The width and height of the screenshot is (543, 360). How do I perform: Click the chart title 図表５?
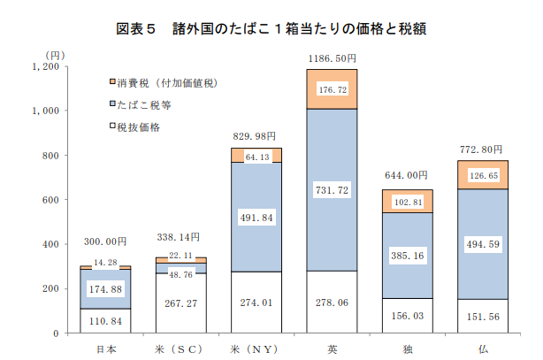pos(135,29)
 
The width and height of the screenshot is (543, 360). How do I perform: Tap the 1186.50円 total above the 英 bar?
pos(333,58)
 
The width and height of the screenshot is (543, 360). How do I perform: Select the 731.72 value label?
pos(332,190)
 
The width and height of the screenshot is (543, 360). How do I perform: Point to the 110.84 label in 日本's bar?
pos(105,321)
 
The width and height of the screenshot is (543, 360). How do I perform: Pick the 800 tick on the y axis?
pos(50,156)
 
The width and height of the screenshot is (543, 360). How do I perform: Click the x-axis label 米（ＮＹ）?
pos(254,349)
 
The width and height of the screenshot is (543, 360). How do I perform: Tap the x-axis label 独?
pos(408,349)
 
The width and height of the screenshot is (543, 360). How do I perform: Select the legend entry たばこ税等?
pos(144,105)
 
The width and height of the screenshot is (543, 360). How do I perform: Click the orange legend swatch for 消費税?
pos(112,81)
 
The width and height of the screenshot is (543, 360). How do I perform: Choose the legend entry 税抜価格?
pos(138,127)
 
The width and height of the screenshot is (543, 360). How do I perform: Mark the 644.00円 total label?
pos(406,175)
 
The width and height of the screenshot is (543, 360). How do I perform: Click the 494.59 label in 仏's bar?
pos(483,244)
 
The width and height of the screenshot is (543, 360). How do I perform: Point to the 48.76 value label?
pos(180,275)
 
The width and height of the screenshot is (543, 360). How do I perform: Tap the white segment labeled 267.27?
pos(181,303)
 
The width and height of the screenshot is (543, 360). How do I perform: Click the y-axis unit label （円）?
pos(55,56)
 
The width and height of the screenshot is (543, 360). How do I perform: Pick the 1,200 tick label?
pos(46,66)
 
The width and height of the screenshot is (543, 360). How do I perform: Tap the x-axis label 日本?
pos(106,349)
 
